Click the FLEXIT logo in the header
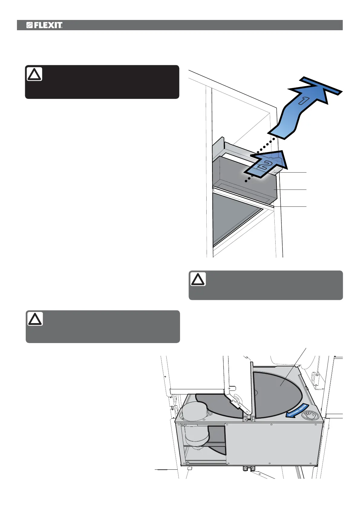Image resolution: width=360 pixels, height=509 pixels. coord(44,25)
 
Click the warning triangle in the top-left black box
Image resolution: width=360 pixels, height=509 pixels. coord(34,74)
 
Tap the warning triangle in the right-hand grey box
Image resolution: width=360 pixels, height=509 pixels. coord(198,279)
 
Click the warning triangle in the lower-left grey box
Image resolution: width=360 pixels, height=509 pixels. coord(35,319)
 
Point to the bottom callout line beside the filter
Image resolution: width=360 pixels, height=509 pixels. coord(290,206)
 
